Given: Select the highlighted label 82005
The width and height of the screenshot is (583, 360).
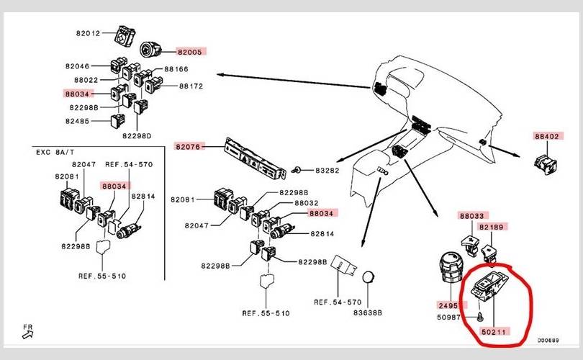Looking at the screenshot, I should coord(191,52).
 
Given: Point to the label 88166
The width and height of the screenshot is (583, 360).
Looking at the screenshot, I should coord(177,69).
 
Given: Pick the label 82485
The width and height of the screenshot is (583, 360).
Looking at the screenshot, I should coord(77,121).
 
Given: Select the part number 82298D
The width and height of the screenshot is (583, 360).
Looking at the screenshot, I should coord(137,135).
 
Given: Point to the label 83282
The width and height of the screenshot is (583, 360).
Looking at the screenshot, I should coord(327,171).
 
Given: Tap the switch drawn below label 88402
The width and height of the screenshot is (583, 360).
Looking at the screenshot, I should coord(546,163).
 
